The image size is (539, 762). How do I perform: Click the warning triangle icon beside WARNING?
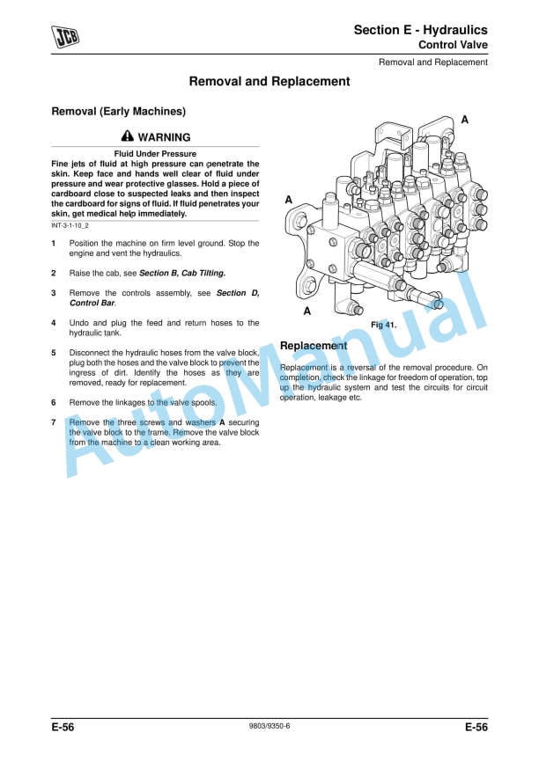[x=128, y=137]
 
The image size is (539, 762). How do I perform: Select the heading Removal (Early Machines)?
[x=119, y=112]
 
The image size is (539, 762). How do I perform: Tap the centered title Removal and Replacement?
[x=269, y=81]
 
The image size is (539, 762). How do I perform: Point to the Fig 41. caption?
[x=383, y=325]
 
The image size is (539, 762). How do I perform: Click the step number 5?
[x=54, y=353]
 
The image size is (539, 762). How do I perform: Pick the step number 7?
[x=54, y=422]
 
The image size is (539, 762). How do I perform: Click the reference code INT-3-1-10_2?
[x=77, y=226]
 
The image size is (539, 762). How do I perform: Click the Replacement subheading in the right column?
[x=313, y=346]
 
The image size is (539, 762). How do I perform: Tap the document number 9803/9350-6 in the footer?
[x=269, y=727]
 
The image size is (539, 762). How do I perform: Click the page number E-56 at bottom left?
[x=63, y=727]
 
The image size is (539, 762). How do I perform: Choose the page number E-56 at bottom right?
[x=476, y=727]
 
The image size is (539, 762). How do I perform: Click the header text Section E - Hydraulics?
[x=420, y=30]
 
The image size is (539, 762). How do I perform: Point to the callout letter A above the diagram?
[x=465, y=119]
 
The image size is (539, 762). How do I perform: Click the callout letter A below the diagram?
[x=307, y=311]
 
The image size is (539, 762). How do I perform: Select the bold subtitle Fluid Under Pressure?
[x=155, y=154]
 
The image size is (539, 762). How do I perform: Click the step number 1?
[x=54, y=243]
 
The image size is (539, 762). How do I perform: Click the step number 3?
[x=54, y=293]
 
